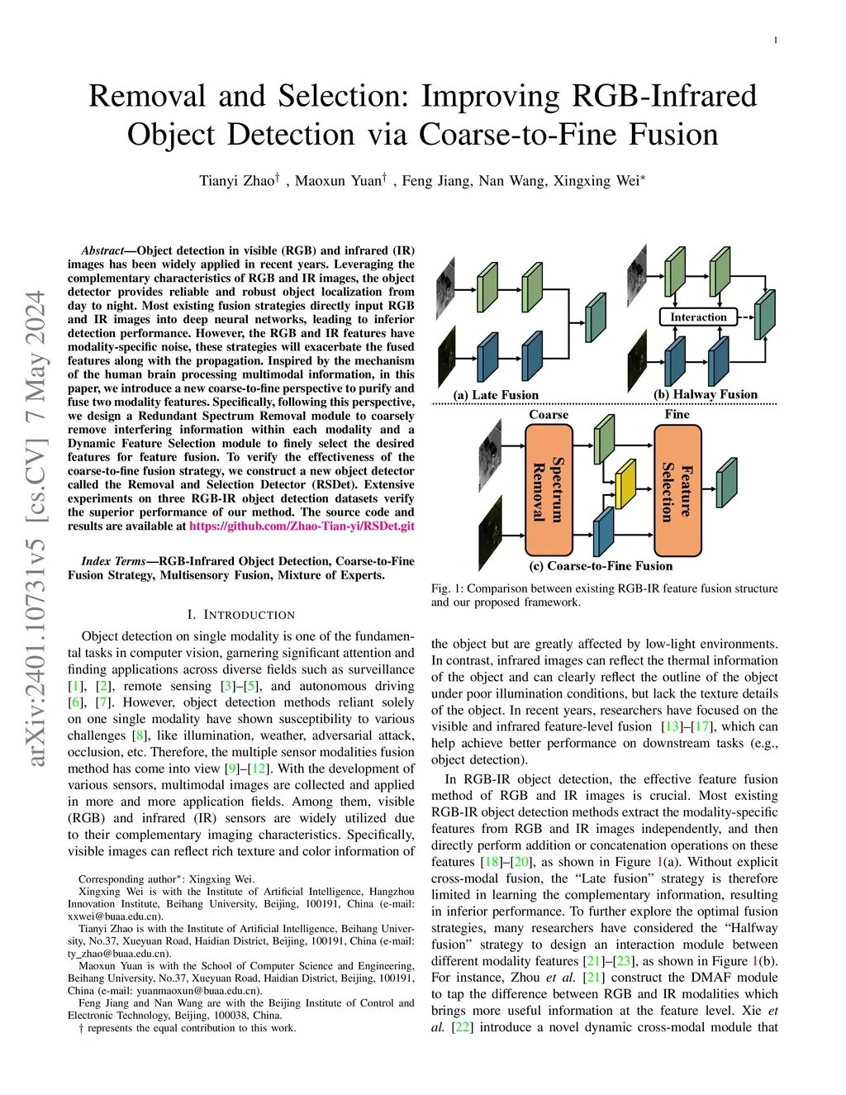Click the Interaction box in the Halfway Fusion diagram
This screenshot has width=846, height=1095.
[698, 317]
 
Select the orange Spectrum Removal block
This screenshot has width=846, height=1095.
[549, 490]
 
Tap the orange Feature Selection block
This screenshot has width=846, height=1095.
[677, 490]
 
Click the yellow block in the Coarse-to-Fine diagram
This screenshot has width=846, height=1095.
[626, 485]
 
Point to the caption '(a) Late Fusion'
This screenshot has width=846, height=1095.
[496, 395]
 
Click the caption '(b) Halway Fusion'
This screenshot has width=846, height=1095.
[706, 394]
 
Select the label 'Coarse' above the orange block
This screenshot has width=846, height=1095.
[549, 415]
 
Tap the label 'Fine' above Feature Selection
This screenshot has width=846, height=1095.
[677, 414]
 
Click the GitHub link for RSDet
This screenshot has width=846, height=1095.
[302, 526]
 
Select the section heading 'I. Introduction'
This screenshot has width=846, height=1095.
[241, 615]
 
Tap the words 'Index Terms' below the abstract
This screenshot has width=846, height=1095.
[114, 561]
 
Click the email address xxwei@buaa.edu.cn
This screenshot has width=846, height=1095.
[115, 916]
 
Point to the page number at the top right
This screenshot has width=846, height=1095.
[776, 40]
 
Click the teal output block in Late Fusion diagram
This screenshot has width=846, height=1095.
[596, 319]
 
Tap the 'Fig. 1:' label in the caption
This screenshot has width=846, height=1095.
[447, 588]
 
